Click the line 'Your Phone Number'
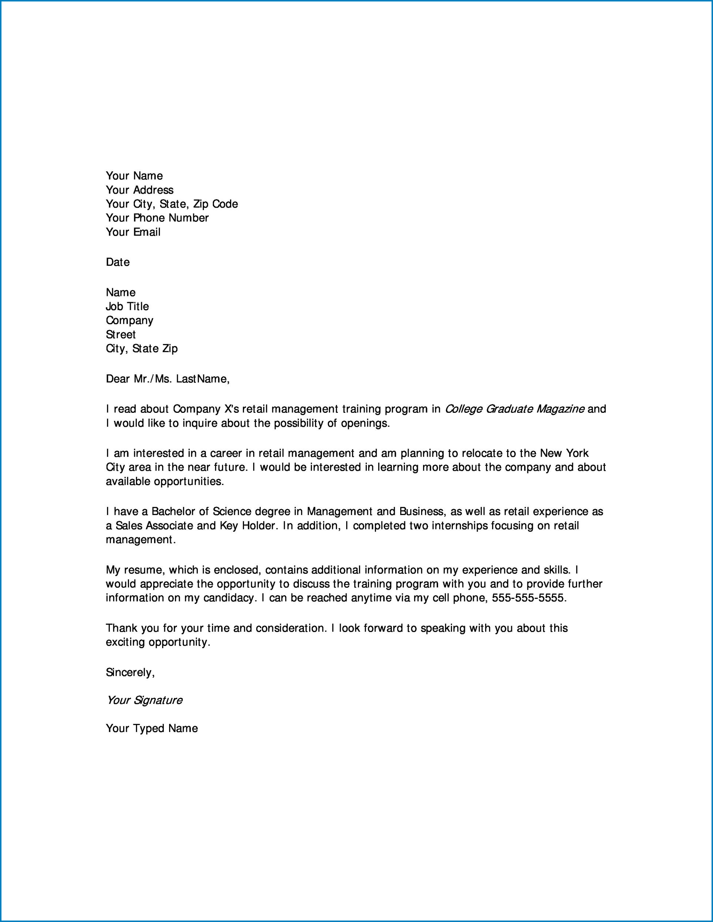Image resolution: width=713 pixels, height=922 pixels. [157, 218]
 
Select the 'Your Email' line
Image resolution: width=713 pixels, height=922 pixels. [133, 232]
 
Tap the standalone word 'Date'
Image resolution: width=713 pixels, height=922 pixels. [117, 262]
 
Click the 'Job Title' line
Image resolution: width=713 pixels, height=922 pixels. [127, 306]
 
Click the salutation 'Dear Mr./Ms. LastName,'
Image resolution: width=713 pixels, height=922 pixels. [168, 379]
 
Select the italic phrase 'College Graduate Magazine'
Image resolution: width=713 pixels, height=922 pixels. [515, 409]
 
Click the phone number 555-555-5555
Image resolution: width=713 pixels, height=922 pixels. [528, 598]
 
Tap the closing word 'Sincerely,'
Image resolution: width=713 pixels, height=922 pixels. [130, 672]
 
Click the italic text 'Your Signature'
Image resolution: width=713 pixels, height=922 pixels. [144, 700]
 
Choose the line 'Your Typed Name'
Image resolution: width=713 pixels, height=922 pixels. [151, 728]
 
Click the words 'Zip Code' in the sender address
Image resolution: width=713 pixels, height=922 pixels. [215, 204]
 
